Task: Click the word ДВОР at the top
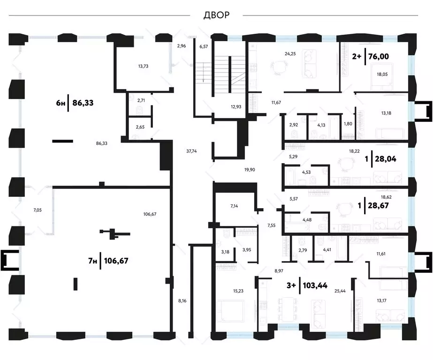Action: point(216,15)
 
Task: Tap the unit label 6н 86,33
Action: point(75,103)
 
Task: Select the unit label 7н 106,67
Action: point(108,261)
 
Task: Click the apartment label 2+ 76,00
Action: point(370,57)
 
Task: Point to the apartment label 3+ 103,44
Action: point(307,285)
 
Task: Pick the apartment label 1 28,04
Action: point(380,159)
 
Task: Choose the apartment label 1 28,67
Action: point(373,205)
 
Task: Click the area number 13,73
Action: point(143,66)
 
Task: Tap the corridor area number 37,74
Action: point(191,151)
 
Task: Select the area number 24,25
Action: point(290,54)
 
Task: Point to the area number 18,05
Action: point(382,74)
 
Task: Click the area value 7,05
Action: point(38,210)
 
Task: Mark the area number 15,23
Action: point(238,291)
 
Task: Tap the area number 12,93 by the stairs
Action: point(236,107)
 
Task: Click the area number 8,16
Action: point(182,300)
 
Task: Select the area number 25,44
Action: point(340,291)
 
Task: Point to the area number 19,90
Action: point(250,170)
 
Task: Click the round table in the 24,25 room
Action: point(277,67)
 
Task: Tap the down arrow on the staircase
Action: point(203,73)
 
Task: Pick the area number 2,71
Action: point(141,100)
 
